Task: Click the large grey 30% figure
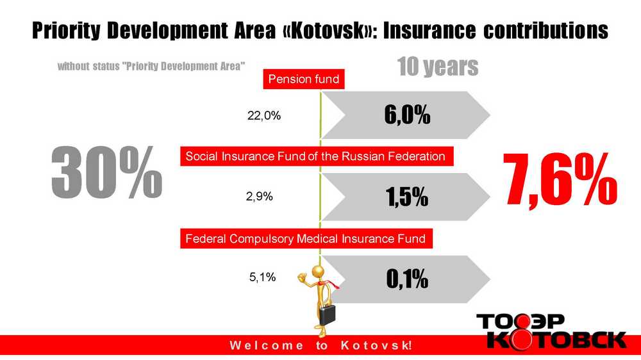[x=106, y=172]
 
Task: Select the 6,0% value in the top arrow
[x=407, y=114]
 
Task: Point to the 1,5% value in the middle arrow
[x=407, y=197]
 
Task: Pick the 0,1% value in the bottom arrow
[x=407, y=279]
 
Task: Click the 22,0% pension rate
[x=264, y=116]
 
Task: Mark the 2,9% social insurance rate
[x=259, y=197]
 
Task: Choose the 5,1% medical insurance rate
[x=262, y=277]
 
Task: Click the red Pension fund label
[x=304, y=79]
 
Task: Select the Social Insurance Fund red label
[x=317, y=156]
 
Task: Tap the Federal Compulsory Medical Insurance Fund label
[x=306, y=239]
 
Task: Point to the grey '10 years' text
[x=437, y=67]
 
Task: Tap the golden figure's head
[x=318, y=272]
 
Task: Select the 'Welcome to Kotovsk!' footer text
[x=321, y=345]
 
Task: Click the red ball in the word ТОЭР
[x=520, y=322]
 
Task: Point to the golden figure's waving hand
[x=302, y=278]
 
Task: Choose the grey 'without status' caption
[x=151, y=66]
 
